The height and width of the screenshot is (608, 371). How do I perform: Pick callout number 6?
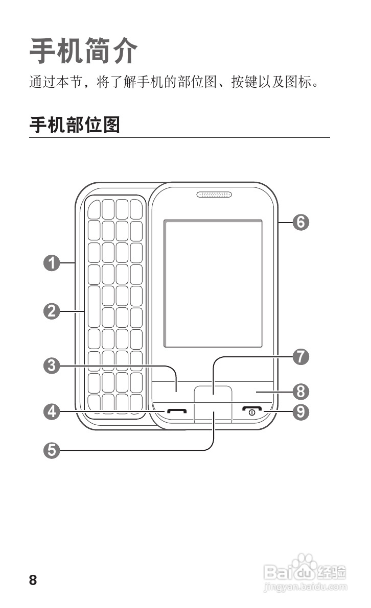click(301, 222)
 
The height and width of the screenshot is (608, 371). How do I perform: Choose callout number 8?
click(301, 392)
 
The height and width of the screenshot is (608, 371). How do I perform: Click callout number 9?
click(301, 411)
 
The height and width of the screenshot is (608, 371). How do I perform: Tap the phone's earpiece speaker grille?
click(214, 194)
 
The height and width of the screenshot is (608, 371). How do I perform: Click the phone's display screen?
click(213, 284)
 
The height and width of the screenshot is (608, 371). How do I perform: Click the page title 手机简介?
click(83, 51)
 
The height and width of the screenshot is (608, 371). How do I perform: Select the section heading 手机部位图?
click(75, 125)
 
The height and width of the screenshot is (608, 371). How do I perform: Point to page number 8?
click(33, 580)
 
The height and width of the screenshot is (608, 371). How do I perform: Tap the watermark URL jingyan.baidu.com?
click(306, 589)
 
